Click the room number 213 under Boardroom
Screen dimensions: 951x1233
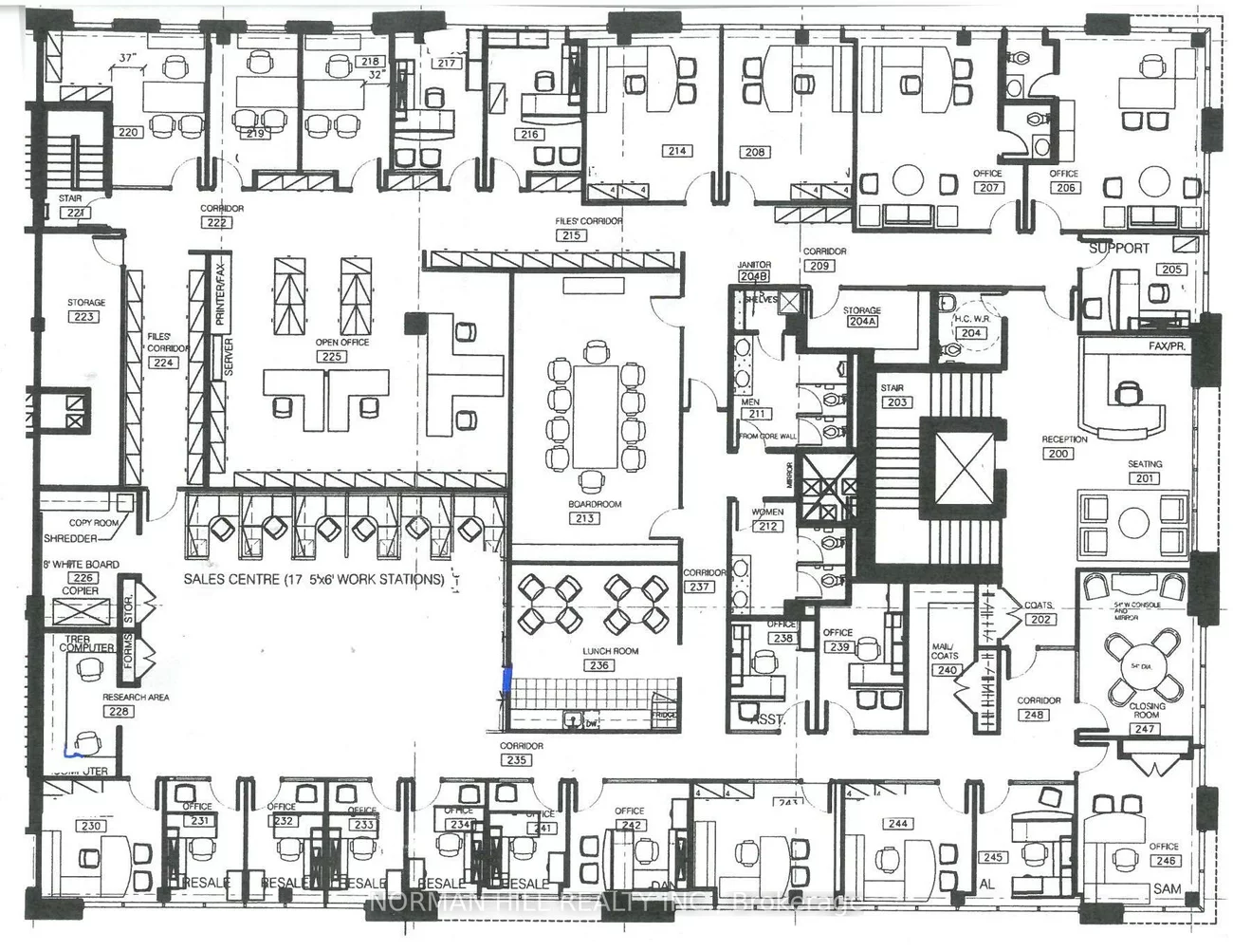click(584, 518)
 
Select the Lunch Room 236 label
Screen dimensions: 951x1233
click(598, 659)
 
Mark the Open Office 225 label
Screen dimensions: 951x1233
click(342, 349)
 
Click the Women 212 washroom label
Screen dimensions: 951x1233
click(767, 519)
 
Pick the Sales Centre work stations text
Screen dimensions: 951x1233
click(314, 579)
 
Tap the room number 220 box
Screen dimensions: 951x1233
click(129, 132)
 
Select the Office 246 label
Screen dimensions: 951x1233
click(1164, 854)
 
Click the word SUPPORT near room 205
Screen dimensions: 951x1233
click(1118, 248)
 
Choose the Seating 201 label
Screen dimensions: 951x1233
click(1145, 471)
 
